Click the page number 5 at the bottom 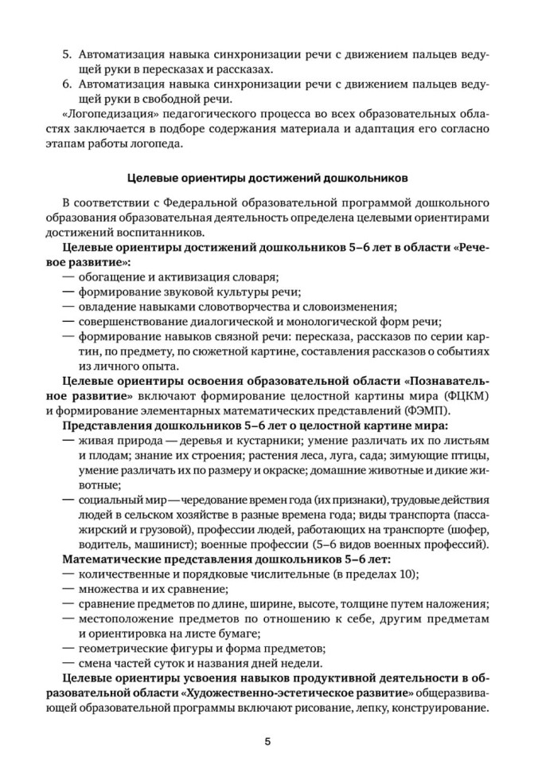(268, 742)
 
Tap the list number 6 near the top (66, 84)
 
